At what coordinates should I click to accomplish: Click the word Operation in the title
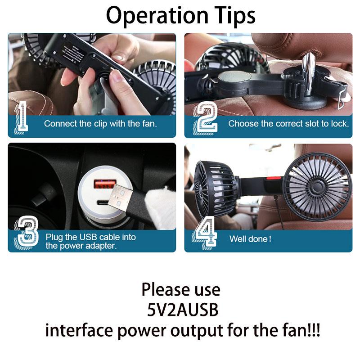[157, 16]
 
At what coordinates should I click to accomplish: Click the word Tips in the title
[235, 16]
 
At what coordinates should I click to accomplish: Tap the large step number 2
[205, 118]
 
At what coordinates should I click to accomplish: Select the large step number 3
[27, 232]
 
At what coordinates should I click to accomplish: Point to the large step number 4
[205, 232]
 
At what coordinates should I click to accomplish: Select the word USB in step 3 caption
[87, 237]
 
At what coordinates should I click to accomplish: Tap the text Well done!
[250, 239]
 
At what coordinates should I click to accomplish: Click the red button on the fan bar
[274, 178]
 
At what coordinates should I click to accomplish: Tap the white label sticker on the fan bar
[73, 54]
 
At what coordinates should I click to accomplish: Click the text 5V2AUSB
[183, 310]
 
